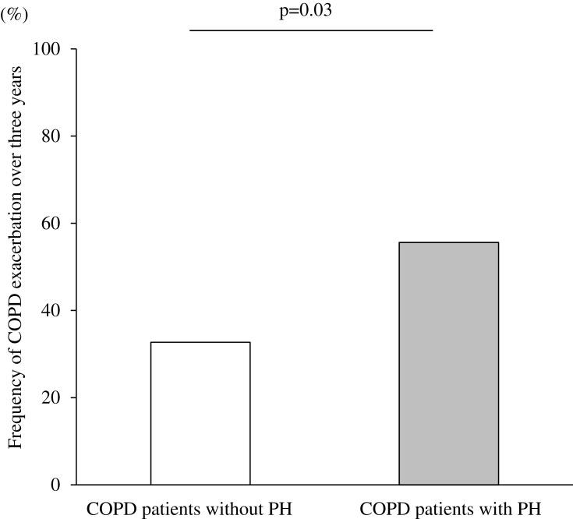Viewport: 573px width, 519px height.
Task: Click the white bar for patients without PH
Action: (x=200, y=413)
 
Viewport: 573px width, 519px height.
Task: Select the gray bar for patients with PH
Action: (x=449, y=363)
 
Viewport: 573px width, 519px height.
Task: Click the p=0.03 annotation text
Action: (x=310, y=12)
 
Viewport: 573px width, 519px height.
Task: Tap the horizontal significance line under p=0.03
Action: (x=310, y=30)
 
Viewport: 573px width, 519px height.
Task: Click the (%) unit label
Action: (x=13, y=13)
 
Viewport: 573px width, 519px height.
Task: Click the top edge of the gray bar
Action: (x=449, y=242)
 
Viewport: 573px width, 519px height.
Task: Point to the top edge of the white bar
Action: (x=200, y=342)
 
